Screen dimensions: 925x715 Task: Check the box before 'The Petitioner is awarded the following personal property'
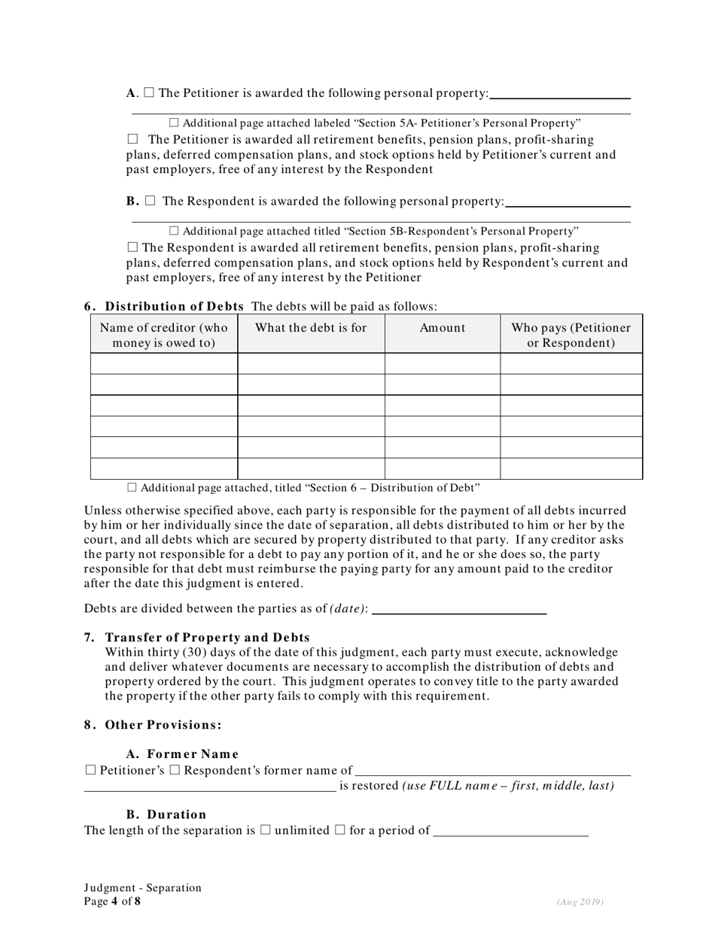(x=149, y=92)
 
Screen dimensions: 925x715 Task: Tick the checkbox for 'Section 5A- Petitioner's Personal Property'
(x=174, y=123)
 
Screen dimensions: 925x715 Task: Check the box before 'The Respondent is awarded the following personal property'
(x=150, y=201)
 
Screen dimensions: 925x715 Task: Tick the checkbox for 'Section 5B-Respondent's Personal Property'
(x=174, y=231)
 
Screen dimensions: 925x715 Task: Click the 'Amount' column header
(x=443, y=328)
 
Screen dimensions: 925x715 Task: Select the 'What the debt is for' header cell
(x=311, y=328)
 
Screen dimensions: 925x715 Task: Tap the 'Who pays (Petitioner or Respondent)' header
(x=571, y=335)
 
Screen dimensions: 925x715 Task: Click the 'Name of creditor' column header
(x=163, y=335)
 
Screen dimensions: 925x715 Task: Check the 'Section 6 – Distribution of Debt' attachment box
(x=132, y=487)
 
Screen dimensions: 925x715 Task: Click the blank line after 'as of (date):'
(x=459, y=608)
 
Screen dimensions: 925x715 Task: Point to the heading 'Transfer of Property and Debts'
(x=207, y=637)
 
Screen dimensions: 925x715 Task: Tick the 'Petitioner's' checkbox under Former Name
(x=91, y=769)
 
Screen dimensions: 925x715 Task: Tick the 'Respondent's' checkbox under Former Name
(x=175, y=769)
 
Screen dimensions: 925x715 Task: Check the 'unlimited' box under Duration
(x=265, y=830)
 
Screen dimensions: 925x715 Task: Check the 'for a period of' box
(x=339, y=830)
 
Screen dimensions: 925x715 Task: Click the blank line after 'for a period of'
(x=512, y=831)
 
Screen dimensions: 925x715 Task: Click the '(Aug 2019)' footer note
(x=580, y=902)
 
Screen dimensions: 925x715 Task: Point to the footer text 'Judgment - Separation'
(x=143, y=887)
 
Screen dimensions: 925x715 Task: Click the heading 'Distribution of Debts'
(x=174, y=306)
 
